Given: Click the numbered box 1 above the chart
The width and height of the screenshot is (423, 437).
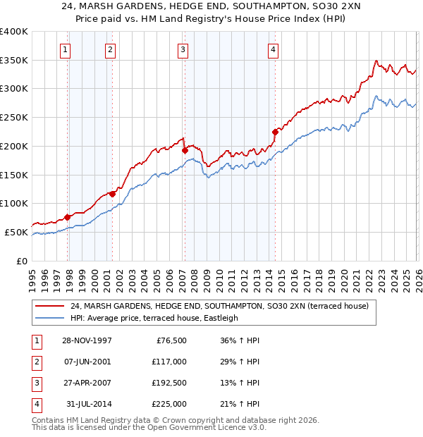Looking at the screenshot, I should [x=65, y=49].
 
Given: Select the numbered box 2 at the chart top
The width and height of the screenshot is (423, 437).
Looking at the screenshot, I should [x=111, y=49].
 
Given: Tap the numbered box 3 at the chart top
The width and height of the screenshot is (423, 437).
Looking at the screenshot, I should [x=183, y=49].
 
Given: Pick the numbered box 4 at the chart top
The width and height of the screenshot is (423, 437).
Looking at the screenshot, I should [x=273, y=49].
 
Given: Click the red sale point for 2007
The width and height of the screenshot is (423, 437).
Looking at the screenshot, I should [x=185, y=150].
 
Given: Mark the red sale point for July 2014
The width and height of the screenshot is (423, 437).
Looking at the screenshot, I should [x=275, y=131].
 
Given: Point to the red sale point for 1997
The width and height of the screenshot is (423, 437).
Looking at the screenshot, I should [x=68, y=216].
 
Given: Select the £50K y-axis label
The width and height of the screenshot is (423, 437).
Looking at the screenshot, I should [x=17, y=232].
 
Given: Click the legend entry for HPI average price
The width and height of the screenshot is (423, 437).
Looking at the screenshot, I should [x=154, y=318].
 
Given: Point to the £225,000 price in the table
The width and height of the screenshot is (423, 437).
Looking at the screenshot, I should [x=169, y=404].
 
